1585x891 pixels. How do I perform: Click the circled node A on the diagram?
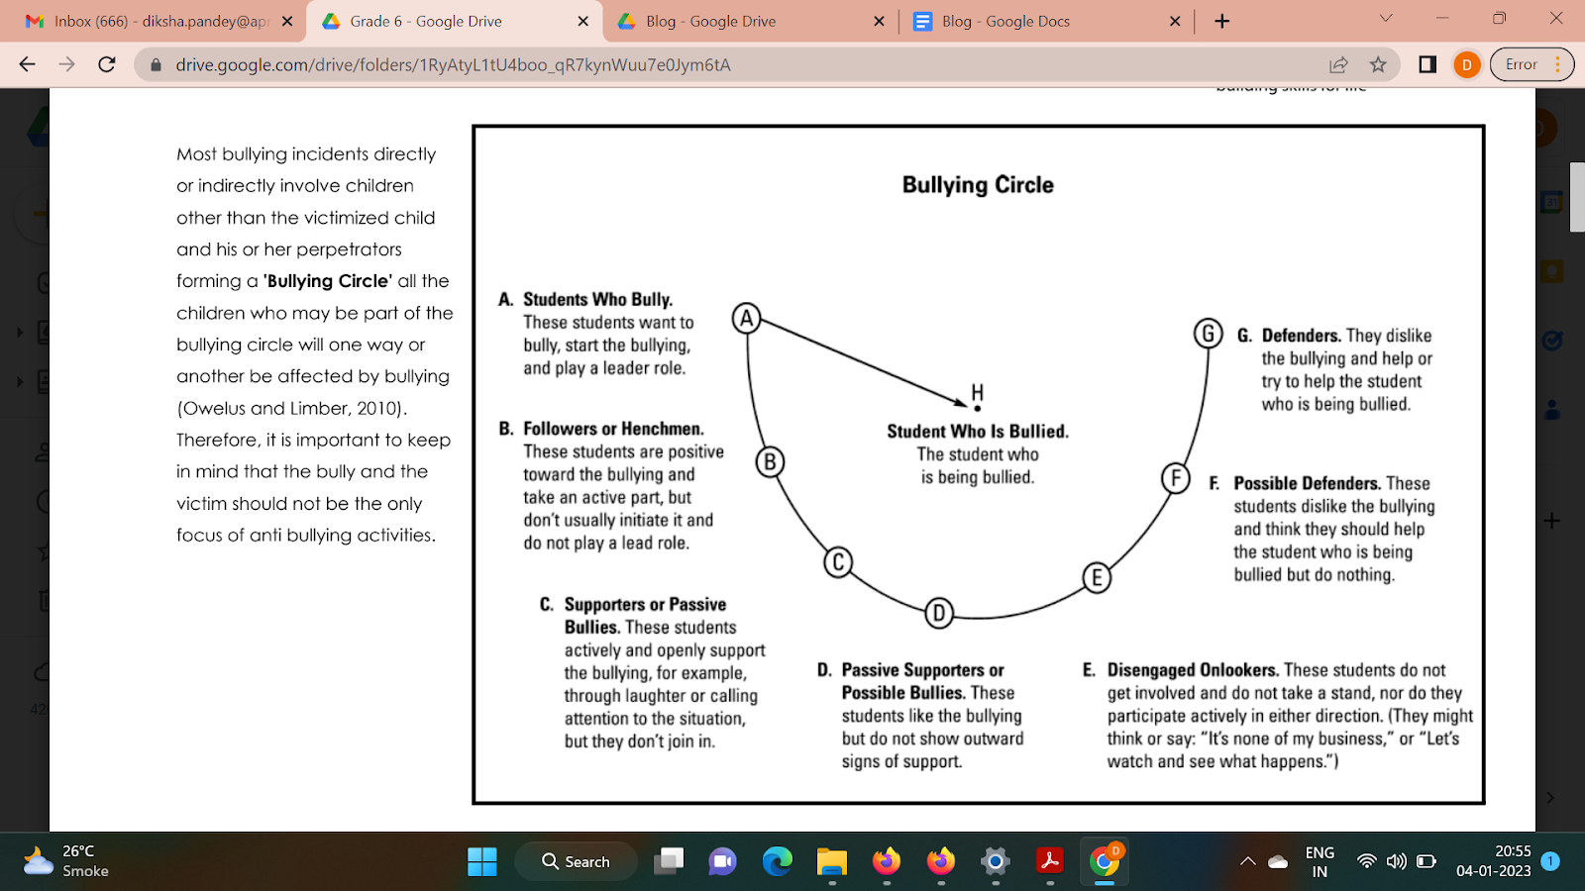[x=747, y=319]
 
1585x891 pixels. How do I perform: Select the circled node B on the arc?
[x=770, y=462]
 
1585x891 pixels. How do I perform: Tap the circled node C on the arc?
[x=838, y=562]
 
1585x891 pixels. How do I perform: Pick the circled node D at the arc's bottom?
[x=939, y=614]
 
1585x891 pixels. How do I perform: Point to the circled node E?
[x=1096, y=578]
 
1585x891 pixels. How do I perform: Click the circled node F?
[x=1176, y=478]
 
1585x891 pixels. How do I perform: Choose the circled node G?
[x=1208, y=334]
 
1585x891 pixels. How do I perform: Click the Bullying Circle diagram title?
[x=978, y=185]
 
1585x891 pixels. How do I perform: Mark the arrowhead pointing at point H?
[x=962, y=402]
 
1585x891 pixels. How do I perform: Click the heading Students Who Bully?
[x=597, y=300]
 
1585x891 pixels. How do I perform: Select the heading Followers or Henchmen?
[x=613, y=429]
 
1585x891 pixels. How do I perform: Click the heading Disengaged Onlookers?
[x=1193, y=670]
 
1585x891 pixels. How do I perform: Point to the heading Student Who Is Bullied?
[x=978, y=432]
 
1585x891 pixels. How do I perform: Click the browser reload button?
[x=107, y=64]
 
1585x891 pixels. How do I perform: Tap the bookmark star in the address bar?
[x=1378, y=64]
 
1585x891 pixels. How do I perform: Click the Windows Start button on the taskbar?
[x=482, y=861]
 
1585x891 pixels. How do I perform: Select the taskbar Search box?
[x=576, y=861]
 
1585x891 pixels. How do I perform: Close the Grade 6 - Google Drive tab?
[x=582, y=21]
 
